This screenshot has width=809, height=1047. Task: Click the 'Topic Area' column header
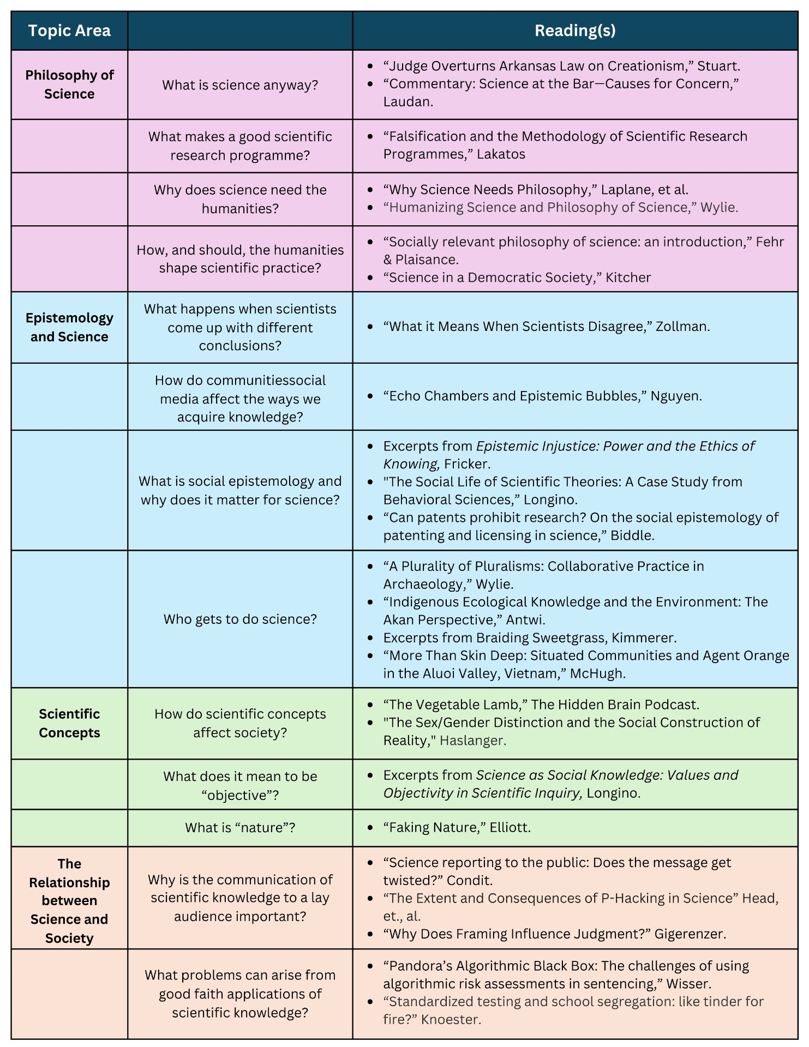tap(69, 31)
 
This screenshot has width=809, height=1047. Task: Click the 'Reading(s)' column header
tap(574, 31)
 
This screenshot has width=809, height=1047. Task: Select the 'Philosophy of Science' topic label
tap(69, 85)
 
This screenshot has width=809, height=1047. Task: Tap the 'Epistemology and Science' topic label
tap(69, 327)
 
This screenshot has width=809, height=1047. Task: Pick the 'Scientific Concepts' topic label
tap(69, 723)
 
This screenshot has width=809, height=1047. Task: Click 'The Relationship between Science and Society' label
tap(69, 900)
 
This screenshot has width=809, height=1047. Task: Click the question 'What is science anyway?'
tap(240, 85)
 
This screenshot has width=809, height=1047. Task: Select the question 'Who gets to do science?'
tap(240, 619)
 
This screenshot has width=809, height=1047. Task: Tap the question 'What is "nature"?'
tap(240, 827)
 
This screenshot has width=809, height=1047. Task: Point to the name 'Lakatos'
tap(501, 154)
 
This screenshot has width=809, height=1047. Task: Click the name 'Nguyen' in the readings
tap(675, 396)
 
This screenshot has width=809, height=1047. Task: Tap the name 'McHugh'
tap(597, 673)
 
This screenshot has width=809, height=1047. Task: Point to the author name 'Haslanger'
tap(472, 741)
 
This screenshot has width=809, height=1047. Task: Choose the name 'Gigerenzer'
tap(690, 934)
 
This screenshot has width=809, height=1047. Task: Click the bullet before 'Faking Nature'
tap(370, 828)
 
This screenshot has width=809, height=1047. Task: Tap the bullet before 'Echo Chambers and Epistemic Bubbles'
tap(370, 396)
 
